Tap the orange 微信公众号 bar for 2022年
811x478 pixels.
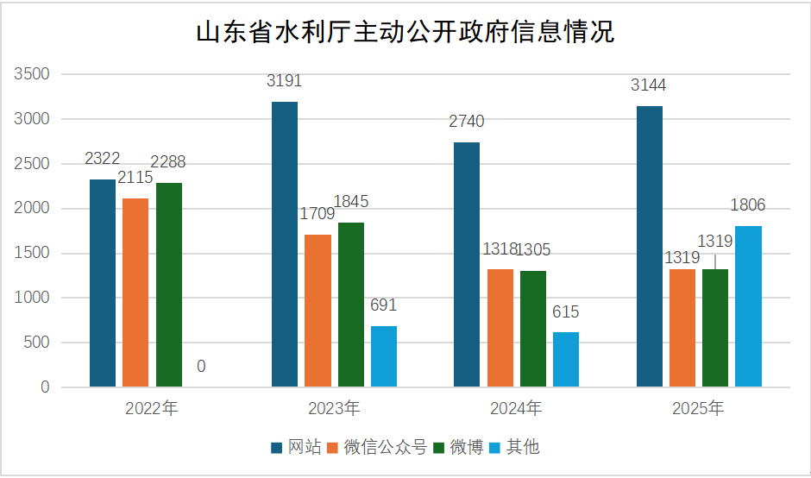pos(135,292)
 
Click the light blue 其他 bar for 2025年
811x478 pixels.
pos(749,306)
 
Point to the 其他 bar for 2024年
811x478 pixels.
pos(566,359)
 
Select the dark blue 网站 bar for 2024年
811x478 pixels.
pos(467,264)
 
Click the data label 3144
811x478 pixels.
pos(649,85)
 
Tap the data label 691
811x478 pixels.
pos(383,305)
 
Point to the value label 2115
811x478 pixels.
pos(135,178)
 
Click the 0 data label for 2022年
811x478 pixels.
pos(201,367)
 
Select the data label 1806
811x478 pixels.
pos(748,205)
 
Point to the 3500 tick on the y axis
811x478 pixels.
pos(33,75)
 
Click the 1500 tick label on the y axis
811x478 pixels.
pos(33,254)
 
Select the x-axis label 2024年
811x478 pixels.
pos(516,408)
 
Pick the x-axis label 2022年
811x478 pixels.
pos(152,408)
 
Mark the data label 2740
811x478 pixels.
pos(467,122)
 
